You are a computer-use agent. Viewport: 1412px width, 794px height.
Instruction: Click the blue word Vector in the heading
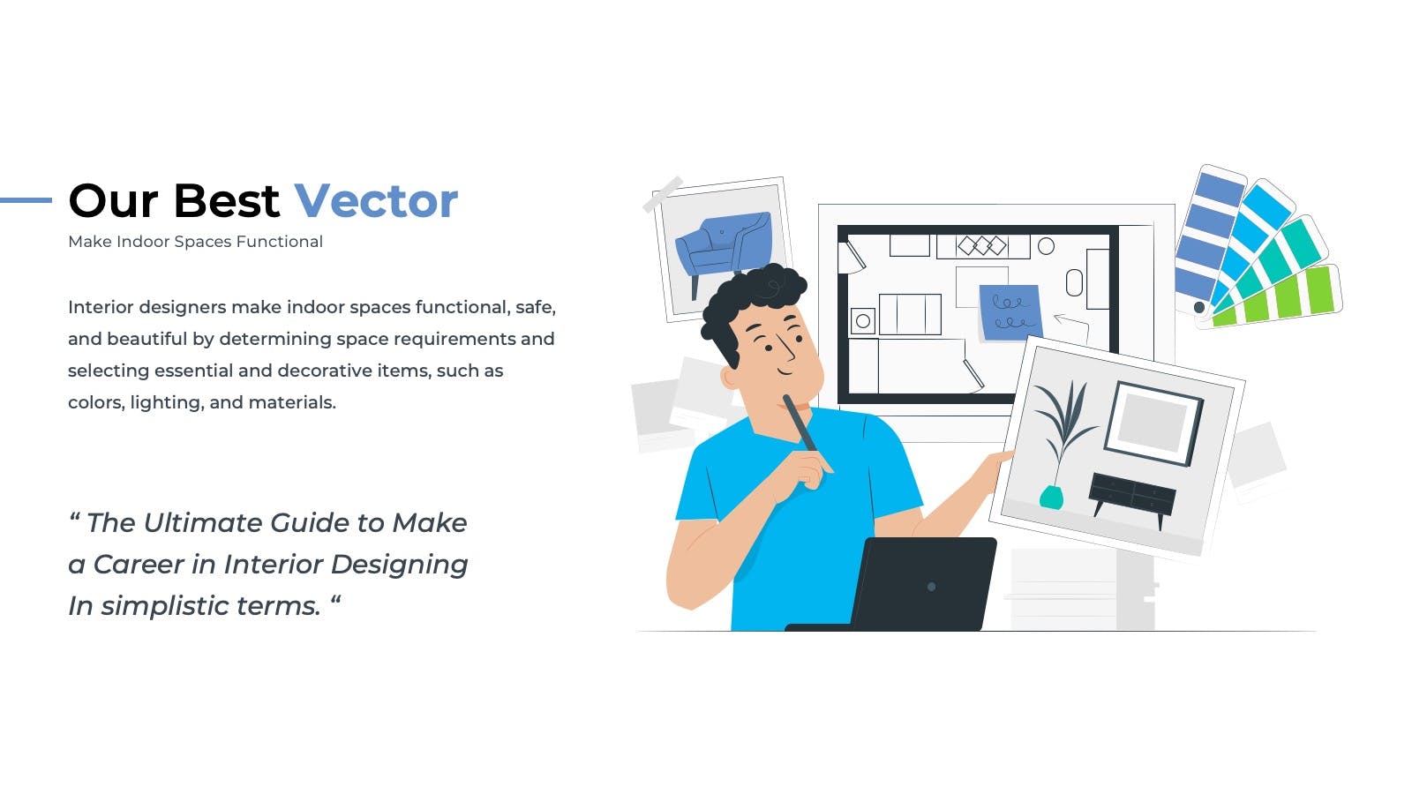pos(376,201)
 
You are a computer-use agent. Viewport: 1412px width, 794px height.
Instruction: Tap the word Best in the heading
pos(226,201)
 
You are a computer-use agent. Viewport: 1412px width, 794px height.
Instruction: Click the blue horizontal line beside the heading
pos(26,200)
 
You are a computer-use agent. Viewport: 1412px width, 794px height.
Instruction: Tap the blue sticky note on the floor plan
pos(1010,312)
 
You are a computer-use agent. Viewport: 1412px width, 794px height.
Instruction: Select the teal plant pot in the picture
pos(1051,497)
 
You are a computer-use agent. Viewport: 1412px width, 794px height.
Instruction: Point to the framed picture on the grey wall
pos(1153,423)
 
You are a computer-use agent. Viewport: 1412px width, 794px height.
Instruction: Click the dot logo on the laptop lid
pos(931,587)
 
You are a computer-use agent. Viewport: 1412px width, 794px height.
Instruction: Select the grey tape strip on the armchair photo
pos(663,194)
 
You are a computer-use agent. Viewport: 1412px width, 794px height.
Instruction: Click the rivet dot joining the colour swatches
pos(1199,308)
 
